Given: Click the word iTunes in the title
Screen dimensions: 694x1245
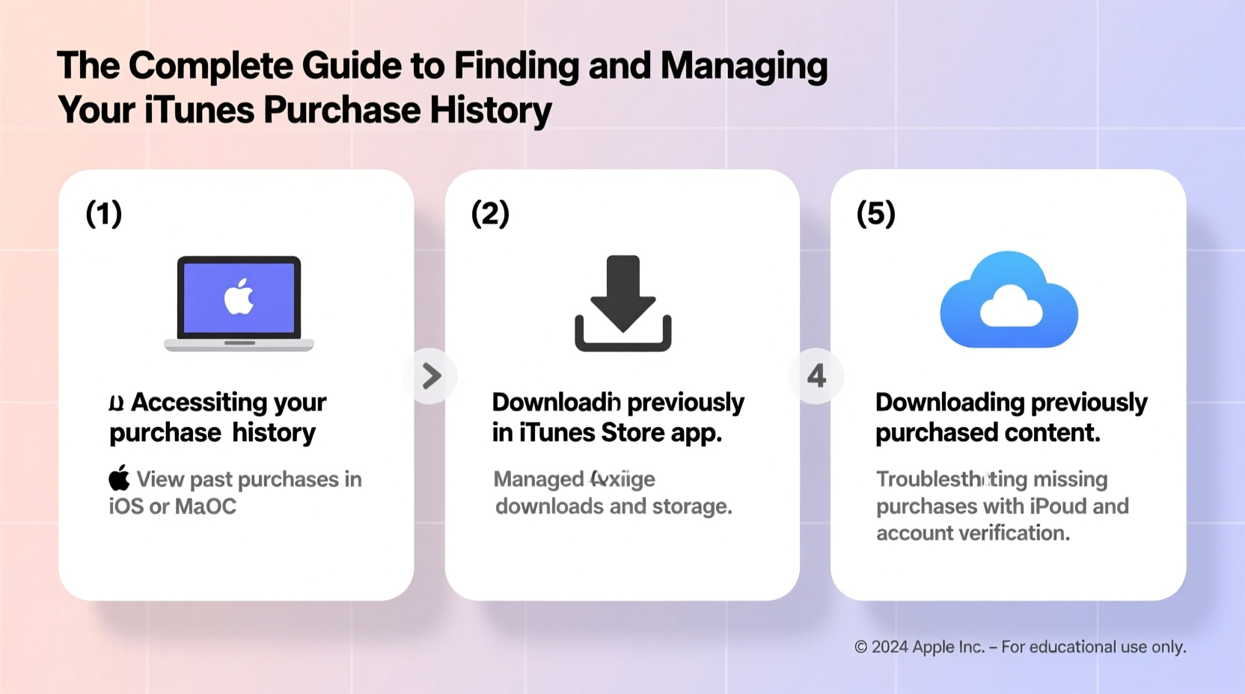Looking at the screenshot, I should (199, 110).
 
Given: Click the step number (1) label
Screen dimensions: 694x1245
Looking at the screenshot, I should (104, 214).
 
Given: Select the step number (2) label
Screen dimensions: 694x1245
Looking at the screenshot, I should (490, 214).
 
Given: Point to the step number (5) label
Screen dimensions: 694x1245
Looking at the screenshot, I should (875, 214).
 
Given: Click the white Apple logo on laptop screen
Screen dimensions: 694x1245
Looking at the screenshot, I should (239, 297).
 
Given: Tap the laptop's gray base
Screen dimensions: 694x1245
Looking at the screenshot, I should (239, 345).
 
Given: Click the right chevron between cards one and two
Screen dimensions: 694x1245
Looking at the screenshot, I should (431, 376).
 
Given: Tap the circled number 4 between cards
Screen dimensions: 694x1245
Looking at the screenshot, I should (816, 376).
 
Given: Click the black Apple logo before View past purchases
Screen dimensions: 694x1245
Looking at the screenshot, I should (119, 478).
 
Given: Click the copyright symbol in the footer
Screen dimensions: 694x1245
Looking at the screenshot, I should (860, 648).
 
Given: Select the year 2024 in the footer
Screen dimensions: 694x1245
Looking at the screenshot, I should (890, 648).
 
